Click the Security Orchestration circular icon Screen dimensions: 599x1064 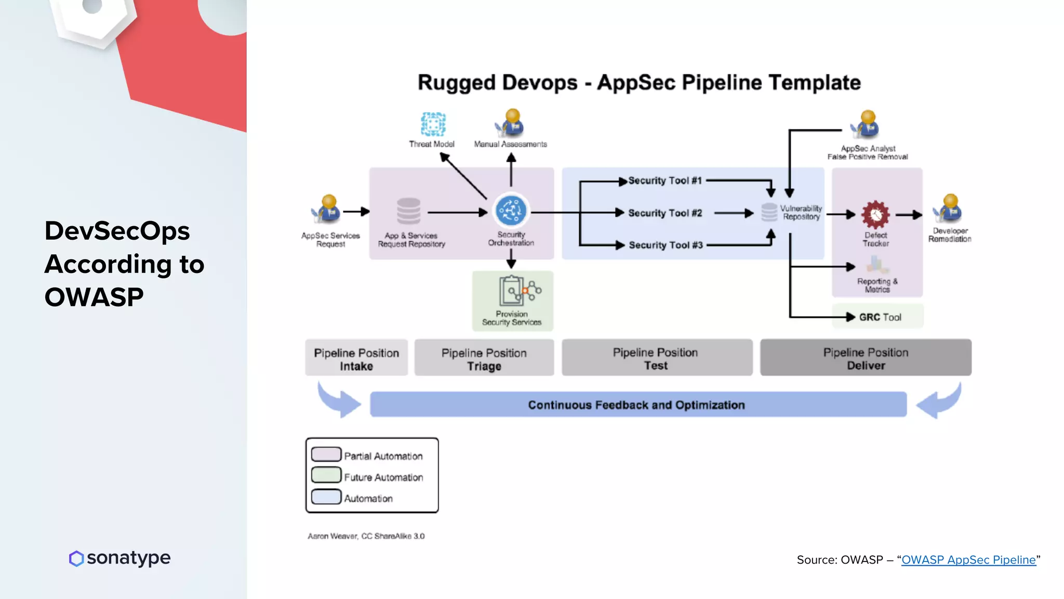coord(511,211)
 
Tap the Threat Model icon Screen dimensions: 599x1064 coord(433,124)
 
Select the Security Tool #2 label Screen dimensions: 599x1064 coord(665,213)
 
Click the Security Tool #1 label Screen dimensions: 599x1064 coord(665,180)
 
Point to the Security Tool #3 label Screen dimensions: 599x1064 coord(666,245)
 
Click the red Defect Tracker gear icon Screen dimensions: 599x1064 coord(875,214)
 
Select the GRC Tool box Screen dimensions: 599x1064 coord(878,317)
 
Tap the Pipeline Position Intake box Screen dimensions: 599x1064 coord(356,358)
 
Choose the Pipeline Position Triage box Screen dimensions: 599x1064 coord(484,358)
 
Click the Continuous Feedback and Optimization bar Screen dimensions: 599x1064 coord(637,405)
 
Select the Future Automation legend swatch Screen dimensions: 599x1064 coord(326,475)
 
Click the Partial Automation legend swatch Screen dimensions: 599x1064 coord(326,454)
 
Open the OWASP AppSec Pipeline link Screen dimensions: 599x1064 coord(968,560)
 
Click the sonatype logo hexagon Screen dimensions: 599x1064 coord(76,558)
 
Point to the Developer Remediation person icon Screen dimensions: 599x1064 coord(948,209)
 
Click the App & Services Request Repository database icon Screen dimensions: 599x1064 coord(409,211)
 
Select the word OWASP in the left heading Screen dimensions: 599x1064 coord(94,297)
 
